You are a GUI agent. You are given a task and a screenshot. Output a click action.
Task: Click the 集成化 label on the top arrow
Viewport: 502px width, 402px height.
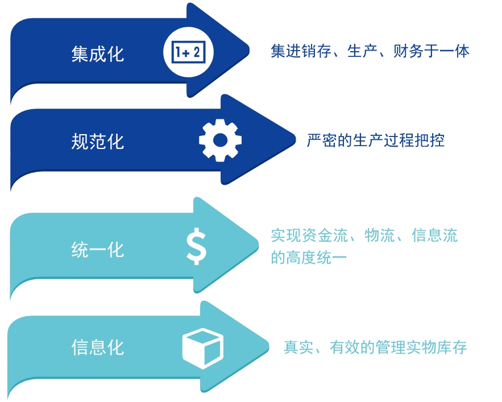tap(98, 55)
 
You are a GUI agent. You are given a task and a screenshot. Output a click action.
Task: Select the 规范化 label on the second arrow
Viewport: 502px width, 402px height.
tap(98, 141)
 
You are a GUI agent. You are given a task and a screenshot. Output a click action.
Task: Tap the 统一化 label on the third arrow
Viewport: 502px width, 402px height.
tap(98, 249)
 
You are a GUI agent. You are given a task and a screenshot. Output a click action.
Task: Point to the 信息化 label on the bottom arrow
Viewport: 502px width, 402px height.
tap(98, 346)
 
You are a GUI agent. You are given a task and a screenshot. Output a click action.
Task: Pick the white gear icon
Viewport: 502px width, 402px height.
tap(220, 139)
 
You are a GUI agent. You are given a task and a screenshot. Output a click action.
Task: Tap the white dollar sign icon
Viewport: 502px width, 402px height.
tap(197, 246)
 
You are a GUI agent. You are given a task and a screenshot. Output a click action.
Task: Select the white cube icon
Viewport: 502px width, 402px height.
tap(203, 346)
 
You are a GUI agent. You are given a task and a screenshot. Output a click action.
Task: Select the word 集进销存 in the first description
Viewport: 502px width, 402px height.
tap(300, 52)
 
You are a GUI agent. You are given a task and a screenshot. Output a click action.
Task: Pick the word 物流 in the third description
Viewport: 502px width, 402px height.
tap(379, 235)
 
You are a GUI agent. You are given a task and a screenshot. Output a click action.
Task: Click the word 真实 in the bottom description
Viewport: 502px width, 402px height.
tap(298, 347)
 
